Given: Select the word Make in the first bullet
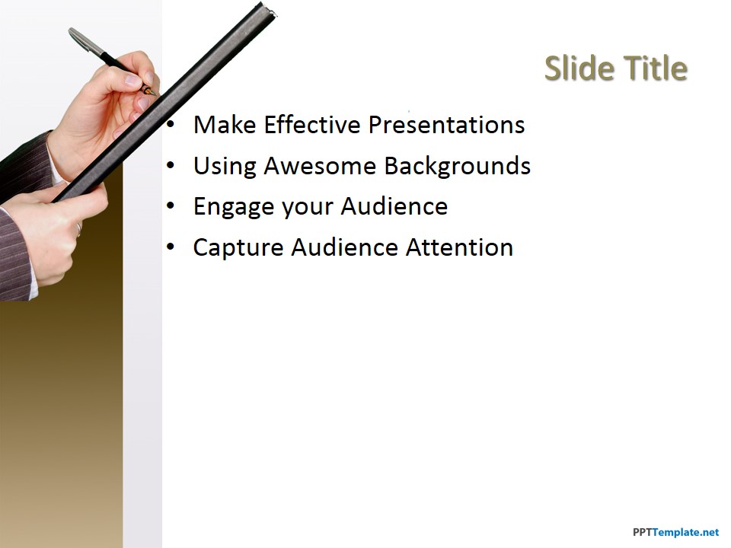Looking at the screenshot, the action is tap(225, 125).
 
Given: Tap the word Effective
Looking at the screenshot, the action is tap(312, 125).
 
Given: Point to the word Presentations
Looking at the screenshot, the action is tap(447, 125).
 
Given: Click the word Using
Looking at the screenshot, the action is tap(225, 167).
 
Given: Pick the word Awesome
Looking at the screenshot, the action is tap(320, 166).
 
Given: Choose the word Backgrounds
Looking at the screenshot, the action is tap(458, 167).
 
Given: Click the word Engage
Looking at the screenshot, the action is tap(234, 207).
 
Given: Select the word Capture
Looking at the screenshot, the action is tap(238, 248).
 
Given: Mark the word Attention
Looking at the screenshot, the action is tap(459, 247).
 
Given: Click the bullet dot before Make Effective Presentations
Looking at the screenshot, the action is tap(171, 125).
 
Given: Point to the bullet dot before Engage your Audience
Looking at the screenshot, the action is tap(171, 206).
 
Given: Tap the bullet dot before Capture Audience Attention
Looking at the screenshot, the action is tap(171, 247).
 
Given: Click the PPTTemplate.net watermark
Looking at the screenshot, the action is tap(676, 532).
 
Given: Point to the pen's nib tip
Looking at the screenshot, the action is tap(155, 94).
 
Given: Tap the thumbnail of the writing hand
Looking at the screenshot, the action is tap(132, 80).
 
